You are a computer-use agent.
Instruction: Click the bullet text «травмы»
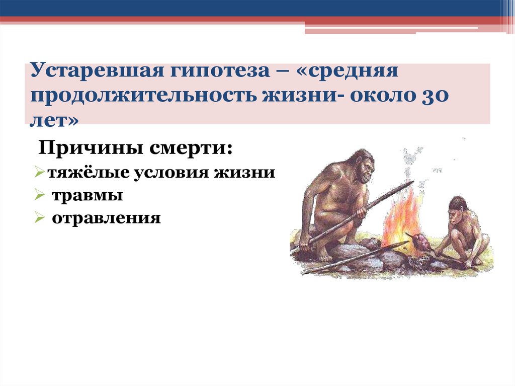point(88,195)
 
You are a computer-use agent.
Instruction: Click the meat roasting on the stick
point(421,242)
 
